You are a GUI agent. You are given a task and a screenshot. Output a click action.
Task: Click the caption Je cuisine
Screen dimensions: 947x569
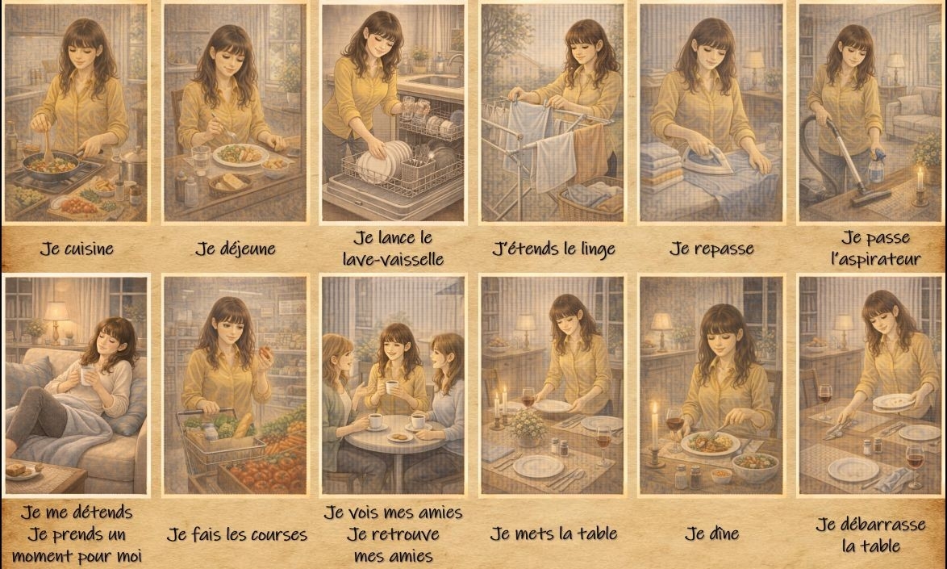coord(77,249)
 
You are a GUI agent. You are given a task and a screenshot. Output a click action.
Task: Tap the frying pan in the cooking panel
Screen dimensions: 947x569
coord(51,164)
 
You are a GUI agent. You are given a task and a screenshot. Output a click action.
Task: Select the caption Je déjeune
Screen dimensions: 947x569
coord(235,249)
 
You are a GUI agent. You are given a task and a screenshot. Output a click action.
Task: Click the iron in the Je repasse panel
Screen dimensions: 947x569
coord(708,161)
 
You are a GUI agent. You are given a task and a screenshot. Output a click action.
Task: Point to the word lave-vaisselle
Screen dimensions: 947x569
coord(393,259)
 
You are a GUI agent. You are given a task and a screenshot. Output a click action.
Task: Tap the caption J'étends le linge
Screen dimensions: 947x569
coord(554,249)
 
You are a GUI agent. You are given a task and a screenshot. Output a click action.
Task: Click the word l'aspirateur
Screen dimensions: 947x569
coord(875,259)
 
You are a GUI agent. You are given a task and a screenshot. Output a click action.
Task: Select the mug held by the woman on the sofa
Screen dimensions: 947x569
coord(88,375)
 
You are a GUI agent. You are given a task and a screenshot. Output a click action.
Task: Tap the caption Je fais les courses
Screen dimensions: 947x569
coord(237,534)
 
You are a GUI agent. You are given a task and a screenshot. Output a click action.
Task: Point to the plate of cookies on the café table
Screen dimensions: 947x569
coord(400,436)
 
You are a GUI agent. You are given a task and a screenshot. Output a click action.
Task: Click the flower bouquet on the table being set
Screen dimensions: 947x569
coord(528,425)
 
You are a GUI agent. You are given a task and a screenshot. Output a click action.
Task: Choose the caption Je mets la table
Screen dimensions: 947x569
coord(553,534)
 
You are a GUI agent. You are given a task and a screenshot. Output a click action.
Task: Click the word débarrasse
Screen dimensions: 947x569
coord(870,525)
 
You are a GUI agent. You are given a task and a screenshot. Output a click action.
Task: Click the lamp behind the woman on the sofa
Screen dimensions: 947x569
coord(56,320)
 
